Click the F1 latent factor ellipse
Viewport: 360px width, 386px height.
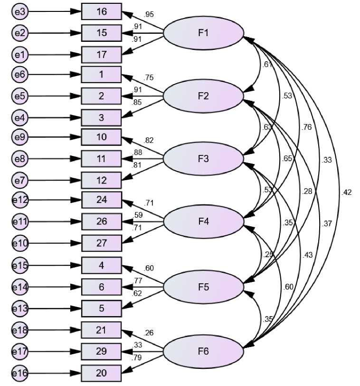click(x=203, y=33)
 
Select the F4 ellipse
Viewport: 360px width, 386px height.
click(x=203, y=222)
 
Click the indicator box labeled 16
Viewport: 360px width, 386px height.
click(x=102, y=12)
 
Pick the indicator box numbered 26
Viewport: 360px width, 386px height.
click(x=102, y=222)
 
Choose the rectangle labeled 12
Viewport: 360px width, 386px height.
click(x=102, y=180)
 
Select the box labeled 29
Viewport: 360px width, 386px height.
click(x=102, y=352)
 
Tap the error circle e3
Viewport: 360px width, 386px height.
click(x=19, y=12)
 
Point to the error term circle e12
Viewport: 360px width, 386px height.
click(x=19, y=200)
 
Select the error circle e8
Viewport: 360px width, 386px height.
click(x=19, y=159)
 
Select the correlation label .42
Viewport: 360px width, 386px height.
click(x=346, y=193)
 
